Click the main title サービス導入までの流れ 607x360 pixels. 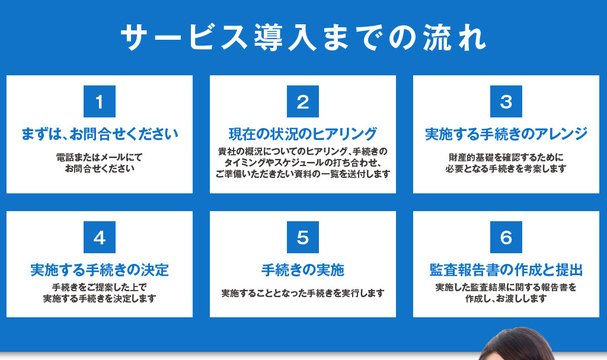(303, 37)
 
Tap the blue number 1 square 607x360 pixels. (100, 101)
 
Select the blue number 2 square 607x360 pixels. (303, 101)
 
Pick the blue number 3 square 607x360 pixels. (506, 101)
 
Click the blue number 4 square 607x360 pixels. (100, 237)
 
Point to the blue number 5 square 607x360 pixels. (303, 237)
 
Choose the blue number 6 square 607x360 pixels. (506, 237)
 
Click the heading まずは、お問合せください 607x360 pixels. (100, 134)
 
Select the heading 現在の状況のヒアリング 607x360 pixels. (303, 134)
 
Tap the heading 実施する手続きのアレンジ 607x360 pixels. (506, 134)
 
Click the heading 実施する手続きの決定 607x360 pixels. (100, 270)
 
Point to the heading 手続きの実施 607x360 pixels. (303, 270)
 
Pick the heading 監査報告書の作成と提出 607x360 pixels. (506, 270)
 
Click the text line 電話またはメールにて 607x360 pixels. (100, 157)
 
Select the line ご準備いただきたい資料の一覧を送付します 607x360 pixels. (303, 174)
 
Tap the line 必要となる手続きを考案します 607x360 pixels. (506, 168)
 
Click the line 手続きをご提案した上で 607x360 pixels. (100, 287)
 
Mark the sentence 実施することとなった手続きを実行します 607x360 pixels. (303, 294)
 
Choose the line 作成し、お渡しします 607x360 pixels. (506, 298)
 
